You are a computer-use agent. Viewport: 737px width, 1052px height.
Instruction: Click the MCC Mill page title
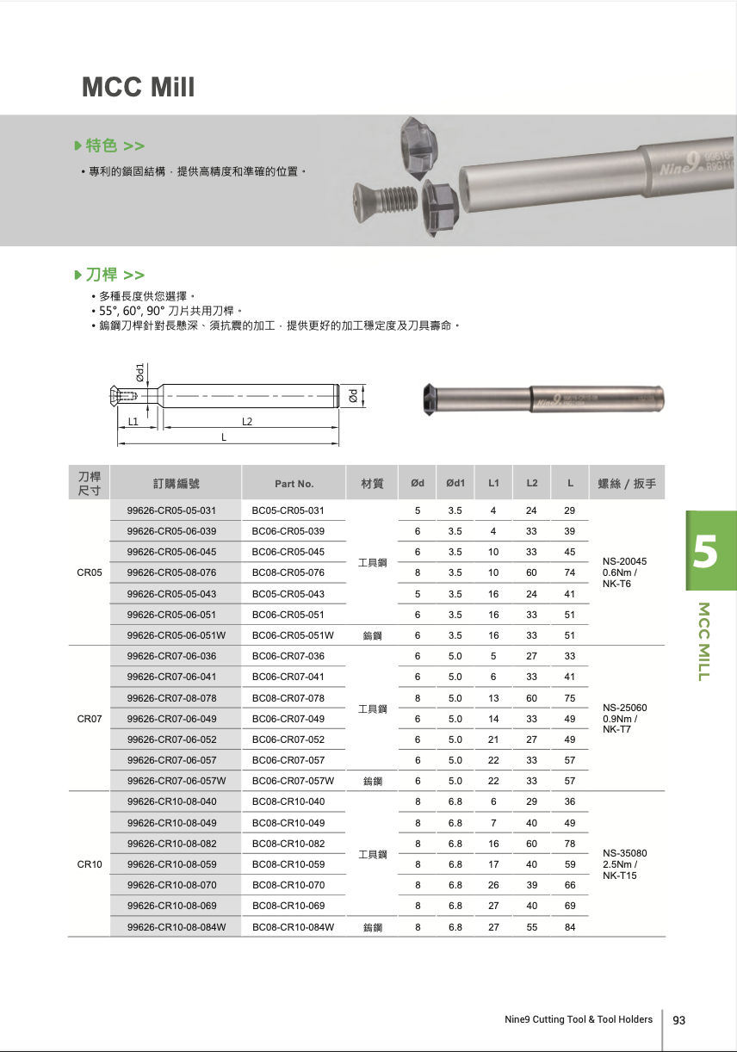click(138, 87)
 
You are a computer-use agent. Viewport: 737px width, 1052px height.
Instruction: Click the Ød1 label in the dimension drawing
click(139, 372)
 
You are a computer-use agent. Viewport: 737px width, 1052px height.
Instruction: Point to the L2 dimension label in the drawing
click(247, 421)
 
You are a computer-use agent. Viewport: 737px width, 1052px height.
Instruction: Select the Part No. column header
click(294, 484)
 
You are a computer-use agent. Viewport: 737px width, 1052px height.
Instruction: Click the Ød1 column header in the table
click(455, 483)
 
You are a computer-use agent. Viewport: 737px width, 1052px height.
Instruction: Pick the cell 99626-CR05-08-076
click(171, 572)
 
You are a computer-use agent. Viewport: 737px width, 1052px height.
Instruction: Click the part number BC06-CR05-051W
click(293, 635)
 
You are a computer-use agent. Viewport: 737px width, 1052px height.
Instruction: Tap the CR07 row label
click(90, 719)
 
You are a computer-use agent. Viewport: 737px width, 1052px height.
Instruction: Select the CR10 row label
click(90, 864)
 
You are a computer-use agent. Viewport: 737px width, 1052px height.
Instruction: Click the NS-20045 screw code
click(624, 561)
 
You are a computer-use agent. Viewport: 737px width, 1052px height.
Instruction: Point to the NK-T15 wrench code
click(620, 876)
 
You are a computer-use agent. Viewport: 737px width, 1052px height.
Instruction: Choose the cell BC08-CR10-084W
click(293, 927)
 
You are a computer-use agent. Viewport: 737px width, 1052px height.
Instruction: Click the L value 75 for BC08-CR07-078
click(570, 698)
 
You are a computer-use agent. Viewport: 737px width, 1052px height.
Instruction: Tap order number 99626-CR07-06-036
click(171, 656)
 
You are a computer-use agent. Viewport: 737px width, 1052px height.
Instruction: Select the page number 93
click(678, 1020)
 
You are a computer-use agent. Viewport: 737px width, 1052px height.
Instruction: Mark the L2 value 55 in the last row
click(532, 927)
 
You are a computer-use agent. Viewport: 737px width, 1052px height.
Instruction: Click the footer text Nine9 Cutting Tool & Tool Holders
click(579, 1019)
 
